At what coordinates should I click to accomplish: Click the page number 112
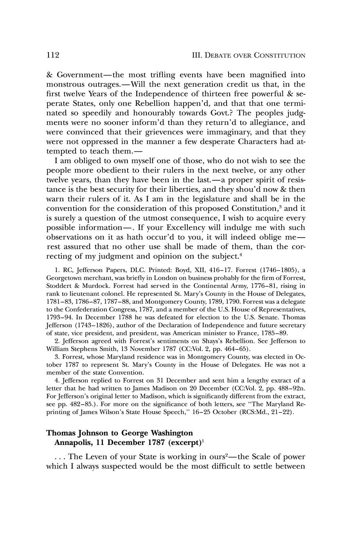point(52,55)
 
